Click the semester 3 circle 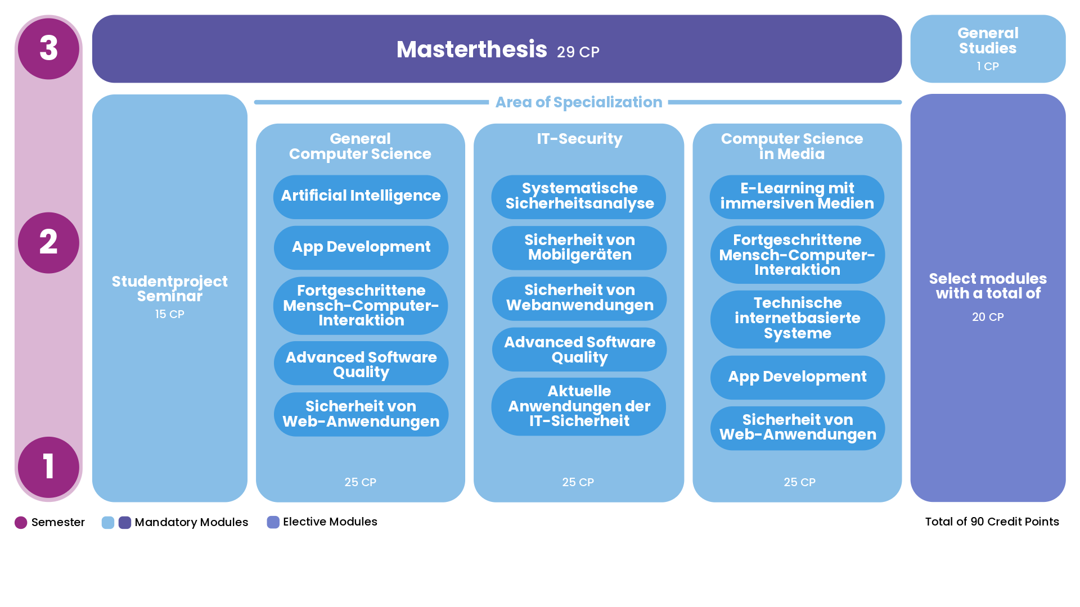pos(48,48)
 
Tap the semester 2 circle pos(48,243)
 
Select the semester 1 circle pos(48,467)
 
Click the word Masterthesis pos(471,49)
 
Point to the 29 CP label pos(578,52)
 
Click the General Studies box pos(988,49)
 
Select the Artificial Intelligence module pos(361,197)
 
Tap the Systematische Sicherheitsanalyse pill pos(579,197)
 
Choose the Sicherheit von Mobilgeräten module pos(579,248)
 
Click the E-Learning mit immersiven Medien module pos(797,197)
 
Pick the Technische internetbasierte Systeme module pos(798,319)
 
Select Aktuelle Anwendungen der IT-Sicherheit pos(579,406)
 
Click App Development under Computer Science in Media pos(798,377)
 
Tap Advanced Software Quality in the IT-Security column pos(579,350)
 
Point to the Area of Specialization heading pos(578,102)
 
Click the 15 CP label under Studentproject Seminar pos(169,314)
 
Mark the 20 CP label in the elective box pos(988,317)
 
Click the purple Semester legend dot pos(21,523)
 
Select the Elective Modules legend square pos(273,522)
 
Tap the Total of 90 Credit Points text pos(992,522)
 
